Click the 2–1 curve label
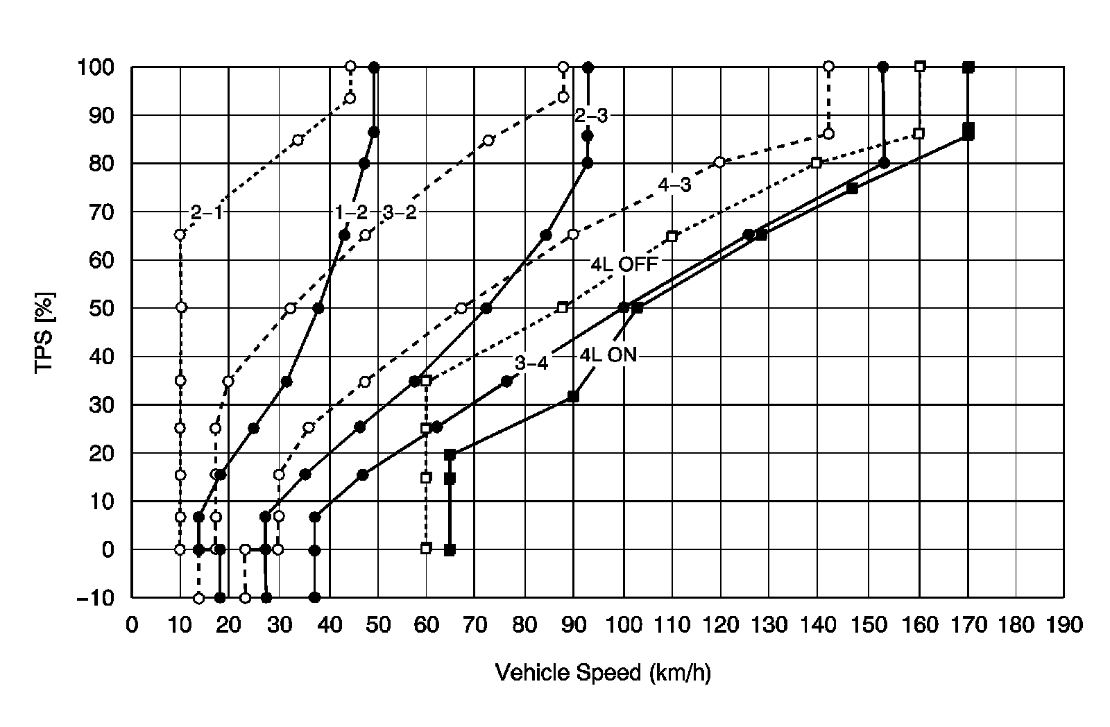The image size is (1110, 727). pyautogui.click(x=207, y=213)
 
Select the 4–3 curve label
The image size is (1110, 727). pyautogui.click(x=675, y=185)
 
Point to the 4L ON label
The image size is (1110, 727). pyautogui.click(x=608, y=355)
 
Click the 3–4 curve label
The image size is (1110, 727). pyautogui.click(x=531, y=363)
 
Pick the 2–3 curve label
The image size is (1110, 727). pyautogui.click(x=591, y=116)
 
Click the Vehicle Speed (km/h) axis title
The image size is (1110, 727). pyautogui.click(x=602, y=672)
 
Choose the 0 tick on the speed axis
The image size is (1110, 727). pyautogui.click(x=132, y=626)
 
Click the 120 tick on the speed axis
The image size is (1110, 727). pyautogui.click(x=721, y=626)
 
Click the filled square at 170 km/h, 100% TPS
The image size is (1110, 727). pyautogui.click(x=968, y=67)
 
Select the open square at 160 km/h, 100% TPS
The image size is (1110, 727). pyautogui.click(x=920, y=67)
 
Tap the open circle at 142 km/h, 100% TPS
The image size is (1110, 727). pyautogui.click(x=828, y=67)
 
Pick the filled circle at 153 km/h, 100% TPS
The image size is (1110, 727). pyautogui.click(x=882, y=67)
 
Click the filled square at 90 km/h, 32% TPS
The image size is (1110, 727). pyautogui.click(x=573, y=396)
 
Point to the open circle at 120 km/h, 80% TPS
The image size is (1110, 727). pyautogui.click(x=719, y=162)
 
